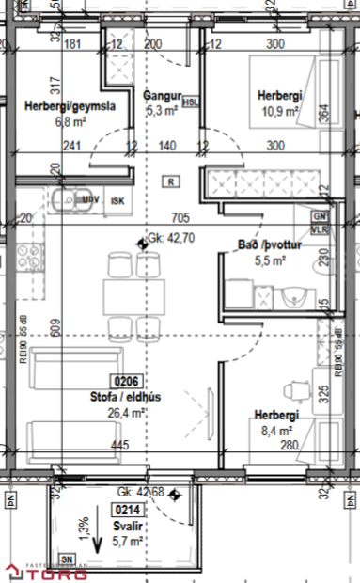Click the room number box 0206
(x=127, y=382)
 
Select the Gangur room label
(x=161, y=96)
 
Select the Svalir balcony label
(x=128, y=526)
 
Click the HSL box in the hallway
(x=191, y=102)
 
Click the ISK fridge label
(x=117, y=200)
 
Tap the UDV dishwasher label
(x=91, y=200)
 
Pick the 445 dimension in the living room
(x=118, y=445)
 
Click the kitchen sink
(x=67, y=200)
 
